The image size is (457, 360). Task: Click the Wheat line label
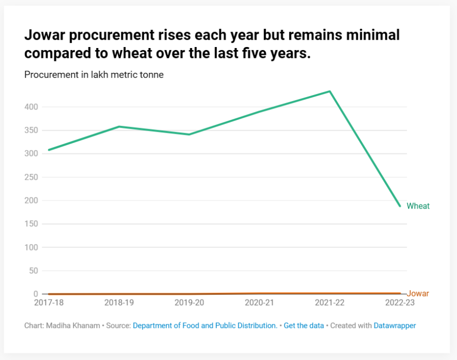click(x=418, y=206)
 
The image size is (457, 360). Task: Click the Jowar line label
click(x=418, y=293)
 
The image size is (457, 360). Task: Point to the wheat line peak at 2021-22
click(x=329, y=91)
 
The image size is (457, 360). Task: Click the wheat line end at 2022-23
click(x=400, y=206)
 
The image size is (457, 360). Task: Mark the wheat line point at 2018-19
click(x=119, y=127)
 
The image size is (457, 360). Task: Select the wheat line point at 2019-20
click(x=189, y=134)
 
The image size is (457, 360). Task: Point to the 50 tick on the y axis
click(x=33, y=271)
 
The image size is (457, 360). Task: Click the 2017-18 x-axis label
click(x=49, y=303)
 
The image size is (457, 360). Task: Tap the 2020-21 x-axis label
click(x=259, y=303)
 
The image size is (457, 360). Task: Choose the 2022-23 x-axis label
click(x=399, y=303)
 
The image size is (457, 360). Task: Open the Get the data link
click(x=304, y=325)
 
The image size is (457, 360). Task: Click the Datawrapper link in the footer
click(x=395, y=325)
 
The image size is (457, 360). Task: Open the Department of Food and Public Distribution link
click(x=205, y=325)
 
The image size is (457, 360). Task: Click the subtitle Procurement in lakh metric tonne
click(x=94, y=74)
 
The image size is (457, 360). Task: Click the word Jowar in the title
click(x=44, y=36)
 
